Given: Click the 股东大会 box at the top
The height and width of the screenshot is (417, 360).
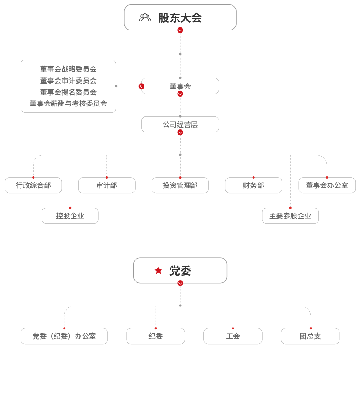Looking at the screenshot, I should tap(180, 17).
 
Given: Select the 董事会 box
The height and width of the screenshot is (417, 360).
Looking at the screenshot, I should tap(180, 86).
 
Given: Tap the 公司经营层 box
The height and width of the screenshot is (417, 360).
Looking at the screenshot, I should tap(180, 124).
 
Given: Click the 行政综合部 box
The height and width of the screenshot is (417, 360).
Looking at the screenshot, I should tap(34, 185).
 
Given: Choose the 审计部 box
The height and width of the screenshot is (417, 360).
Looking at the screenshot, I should tap(107, 185).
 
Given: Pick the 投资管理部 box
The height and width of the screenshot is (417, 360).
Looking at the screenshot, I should tap(180, 185).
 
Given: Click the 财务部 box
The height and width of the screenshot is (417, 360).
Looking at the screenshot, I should tap(254, 185).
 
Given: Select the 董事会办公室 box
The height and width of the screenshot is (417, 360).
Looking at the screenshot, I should tap(327, 185).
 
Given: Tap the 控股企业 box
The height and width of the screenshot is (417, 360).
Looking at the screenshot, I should tap(70, 216).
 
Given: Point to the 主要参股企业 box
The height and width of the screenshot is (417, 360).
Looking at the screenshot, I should tap(290, 216).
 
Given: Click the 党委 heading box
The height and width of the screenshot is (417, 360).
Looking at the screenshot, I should tap(180, 271).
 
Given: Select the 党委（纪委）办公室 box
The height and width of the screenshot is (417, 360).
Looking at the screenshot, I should tap(64, 336).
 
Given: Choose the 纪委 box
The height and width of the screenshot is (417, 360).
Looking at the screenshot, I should tap(156, 336).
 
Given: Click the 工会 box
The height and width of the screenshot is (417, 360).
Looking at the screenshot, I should tap(233, 336).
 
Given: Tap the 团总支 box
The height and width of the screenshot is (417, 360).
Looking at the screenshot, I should tap(310, 336).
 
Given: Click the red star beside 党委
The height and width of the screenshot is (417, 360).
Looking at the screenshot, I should tap(158, 271).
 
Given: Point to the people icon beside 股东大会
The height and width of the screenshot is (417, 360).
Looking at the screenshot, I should tap(145, 18).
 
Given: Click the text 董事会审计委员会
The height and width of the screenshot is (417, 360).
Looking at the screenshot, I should tap(68, 81).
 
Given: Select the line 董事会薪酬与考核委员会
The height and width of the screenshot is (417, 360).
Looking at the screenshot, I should tap(68, 103).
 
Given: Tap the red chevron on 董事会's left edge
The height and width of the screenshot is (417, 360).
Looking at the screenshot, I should tap(141, 86).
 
